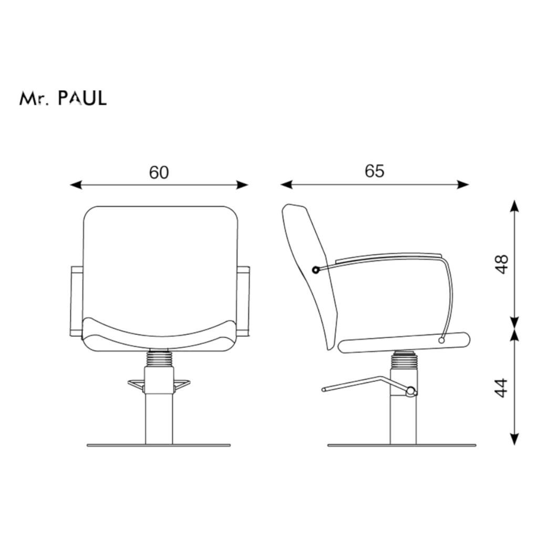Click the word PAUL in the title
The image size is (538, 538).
pos(82,98)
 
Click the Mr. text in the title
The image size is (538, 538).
pos(33,98)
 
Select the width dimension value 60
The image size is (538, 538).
pos(159,172)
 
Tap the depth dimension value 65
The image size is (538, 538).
pos(374,171)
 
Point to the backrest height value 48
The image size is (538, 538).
pos(502,264)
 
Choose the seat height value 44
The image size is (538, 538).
pos(502,388)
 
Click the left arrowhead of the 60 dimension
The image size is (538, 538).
pos(76,185)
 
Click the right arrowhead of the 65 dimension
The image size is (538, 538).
pos(463,184)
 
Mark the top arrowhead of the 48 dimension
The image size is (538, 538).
pos(514,206)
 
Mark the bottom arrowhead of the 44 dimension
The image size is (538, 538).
pos(514,439)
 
